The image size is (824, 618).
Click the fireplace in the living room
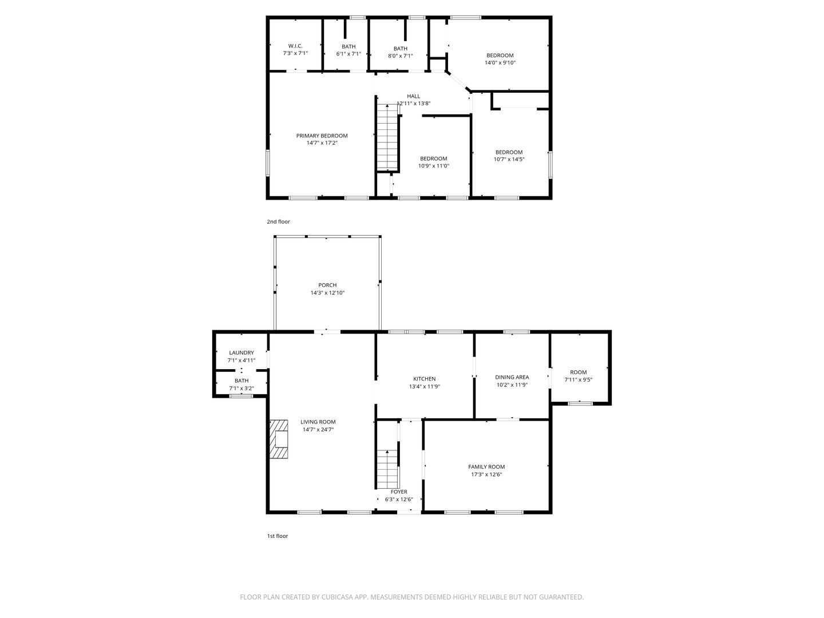tap(279, 439)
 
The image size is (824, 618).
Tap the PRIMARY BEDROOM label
tap(322, 136)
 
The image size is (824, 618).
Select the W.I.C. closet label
tap(295, 46)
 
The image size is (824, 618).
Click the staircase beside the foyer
tap(387, 469)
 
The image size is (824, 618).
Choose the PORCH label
tap(327, 285)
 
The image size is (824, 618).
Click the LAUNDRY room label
tap(241, 352)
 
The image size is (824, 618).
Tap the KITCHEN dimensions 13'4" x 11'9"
tap(424, 386)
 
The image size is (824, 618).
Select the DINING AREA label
tap(512, 377)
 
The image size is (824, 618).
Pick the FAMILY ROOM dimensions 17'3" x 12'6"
tap(486, 474)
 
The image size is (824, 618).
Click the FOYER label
tap(399, 492)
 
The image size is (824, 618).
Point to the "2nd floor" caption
tap(278, 222)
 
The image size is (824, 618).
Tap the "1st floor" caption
tap(278, 536)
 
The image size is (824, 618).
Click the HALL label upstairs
tap(413, 96)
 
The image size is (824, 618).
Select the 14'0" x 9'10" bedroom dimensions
tap(500, 63)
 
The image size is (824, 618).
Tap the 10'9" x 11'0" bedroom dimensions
tap(434, 166)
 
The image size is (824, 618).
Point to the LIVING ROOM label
tap(318, 422)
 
